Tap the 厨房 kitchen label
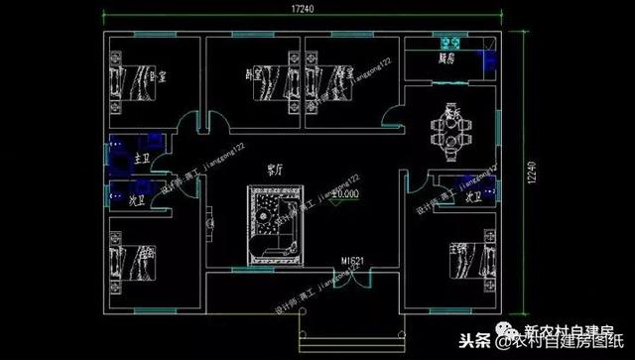click(x=447, y=59)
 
